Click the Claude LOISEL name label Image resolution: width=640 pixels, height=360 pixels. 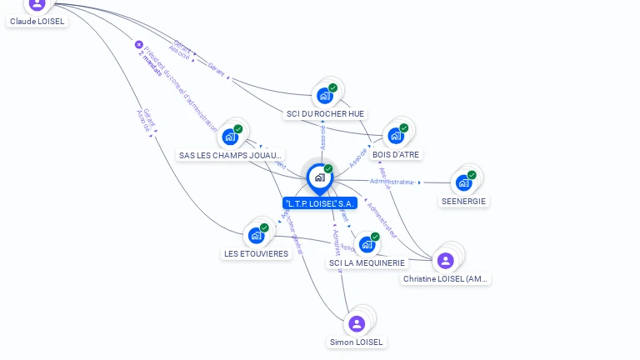coord(37,22)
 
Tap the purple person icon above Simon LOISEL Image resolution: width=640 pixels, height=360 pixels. coord(357,323)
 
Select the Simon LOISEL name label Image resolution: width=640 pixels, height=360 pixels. coord(357,342)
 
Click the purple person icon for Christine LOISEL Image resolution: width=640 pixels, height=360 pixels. coord(446,260)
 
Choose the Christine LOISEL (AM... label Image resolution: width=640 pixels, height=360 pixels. coord(446,279)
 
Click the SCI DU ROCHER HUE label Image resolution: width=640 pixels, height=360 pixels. coord(325,114)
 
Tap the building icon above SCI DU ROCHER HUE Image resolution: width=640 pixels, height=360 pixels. coord(325,95)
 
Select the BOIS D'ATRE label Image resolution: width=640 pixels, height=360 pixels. coord(397,154)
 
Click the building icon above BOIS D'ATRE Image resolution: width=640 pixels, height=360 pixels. coord(396,135)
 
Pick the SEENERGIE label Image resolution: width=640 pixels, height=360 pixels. coord(464,201)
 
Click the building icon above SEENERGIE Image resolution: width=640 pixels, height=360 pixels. coord(464,182)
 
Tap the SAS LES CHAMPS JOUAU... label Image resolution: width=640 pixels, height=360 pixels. coord(231,155)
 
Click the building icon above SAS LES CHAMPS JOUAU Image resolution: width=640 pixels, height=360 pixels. coord(230,137)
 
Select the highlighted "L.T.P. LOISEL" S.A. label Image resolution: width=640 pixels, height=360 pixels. coord(321,203)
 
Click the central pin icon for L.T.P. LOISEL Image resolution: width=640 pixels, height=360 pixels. coord(319,177)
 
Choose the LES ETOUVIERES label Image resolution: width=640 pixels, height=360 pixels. coord(257,253)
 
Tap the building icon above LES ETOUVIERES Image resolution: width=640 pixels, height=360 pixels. coord(257,235)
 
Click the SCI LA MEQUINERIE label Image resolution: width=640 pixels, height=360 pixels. coord(367,263)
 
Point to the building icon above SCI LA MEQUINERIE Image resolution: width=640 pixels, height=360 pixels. coord(367,244)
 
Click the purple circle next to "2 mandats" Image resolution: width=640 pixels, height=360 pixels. coord(139,45)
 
